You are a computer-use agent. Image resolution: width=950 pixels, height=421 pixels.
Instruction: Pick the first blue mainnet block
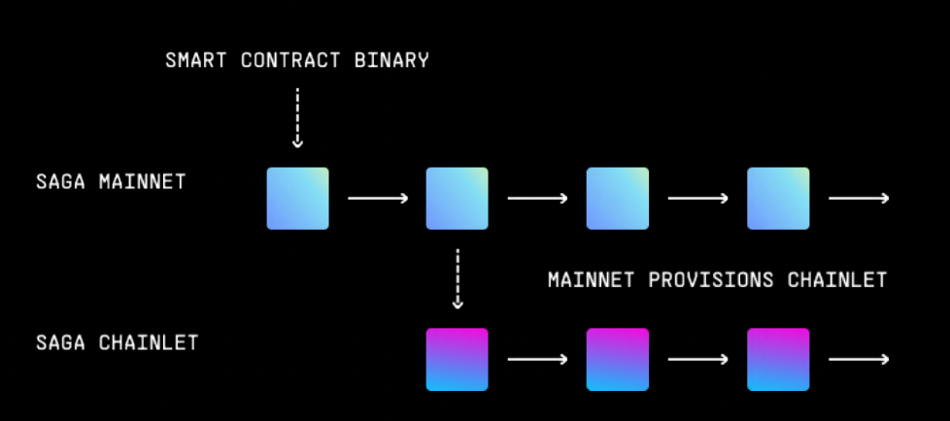click(298, 198)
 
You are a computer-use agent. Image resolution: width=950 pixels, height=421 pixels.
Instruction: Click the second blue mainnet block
click(457, 198)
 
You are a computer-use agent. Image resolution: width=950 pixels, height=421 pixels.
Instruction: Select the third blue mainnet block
click(617, 198)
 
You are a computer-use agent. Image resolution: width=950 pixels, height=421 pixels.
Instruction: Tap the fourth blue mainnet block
click(777, 198)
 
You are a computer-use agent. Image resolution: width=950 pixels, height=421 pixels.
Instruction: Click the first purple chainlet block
click(457, 359)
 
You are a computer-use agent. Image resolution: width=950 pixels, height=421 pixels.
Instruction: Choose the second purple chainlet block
click(617, 359)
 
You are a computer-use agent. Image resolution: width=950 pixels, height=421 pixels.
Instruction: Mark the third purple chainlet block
click(777, 359)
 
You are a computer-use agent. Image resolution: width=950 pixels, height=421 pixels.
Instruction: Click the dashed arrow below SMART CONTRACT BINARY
click(297, 117)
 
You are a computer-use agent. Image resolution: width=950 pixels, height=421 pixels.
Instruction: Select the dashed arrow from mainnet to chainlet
click(458, 278)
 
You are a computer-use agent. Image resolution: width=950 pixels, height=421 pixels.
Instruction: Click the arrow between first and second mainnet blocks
click(378, 198)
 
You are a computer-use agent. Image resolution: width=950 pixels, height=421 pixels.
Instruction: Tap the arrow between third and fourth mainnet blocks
click(697, 198)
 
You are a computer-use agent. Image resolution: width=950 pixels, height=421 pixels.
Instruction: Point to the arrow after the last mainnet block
click(858, 198)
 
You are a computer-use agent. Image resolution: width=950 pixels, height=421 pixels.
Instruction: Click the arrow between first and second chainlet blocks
click(537, 359)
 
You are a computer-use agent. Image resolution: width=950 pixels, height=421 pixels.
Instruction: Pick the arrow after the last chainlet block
click(858, 359)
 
